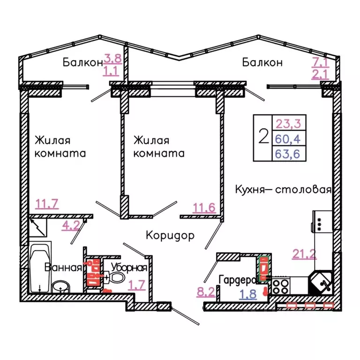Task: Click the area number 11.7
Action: pyautogui.click(x=46, y=203)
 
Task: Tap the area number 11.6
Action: pyautogui.click(x=204, y=206)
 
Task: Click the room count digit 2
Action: pyautogui.click(x=264, y=137)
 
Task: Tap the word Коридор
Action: pyautogui.click(x=170, y=235)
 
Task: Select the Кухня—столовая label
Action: pyautogui.click(x=284, y=190)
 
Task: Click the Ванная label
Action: pyautogui.click(x=63, y=268)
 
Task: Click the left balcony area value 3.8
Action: pyautogui.click(x=112, y=59)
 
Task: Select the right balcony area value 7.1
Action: pyautogui.click(x=321, y=60)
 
